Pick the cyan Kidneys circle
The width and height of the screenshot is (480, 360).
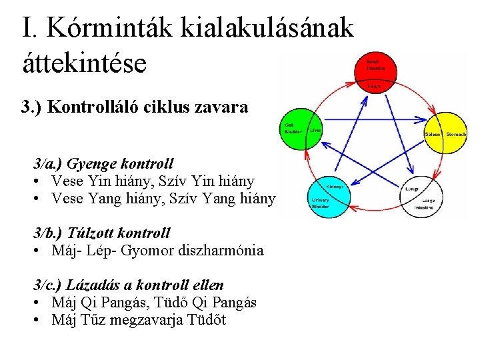(x=326, y=193)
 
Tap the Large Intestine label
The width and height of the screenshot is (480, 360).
(x=427, y=204)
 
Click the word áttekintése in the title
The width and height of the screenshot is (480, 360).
(x=83, y=63)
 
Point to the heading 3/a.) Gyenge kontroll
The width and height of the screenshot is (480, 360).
(x=104, y=163)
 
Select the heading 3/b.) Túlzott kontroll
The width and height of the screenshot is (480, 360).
(x=102, y=233)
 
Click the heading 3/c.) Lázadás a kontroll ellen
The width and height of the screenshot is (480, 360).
(x=129, y=285)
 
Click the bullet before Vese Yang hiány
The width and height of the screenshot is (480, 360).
(x=39, y=199)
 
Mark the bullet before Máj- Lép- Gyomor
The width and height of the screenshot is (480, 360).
(x=39, y=251)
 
